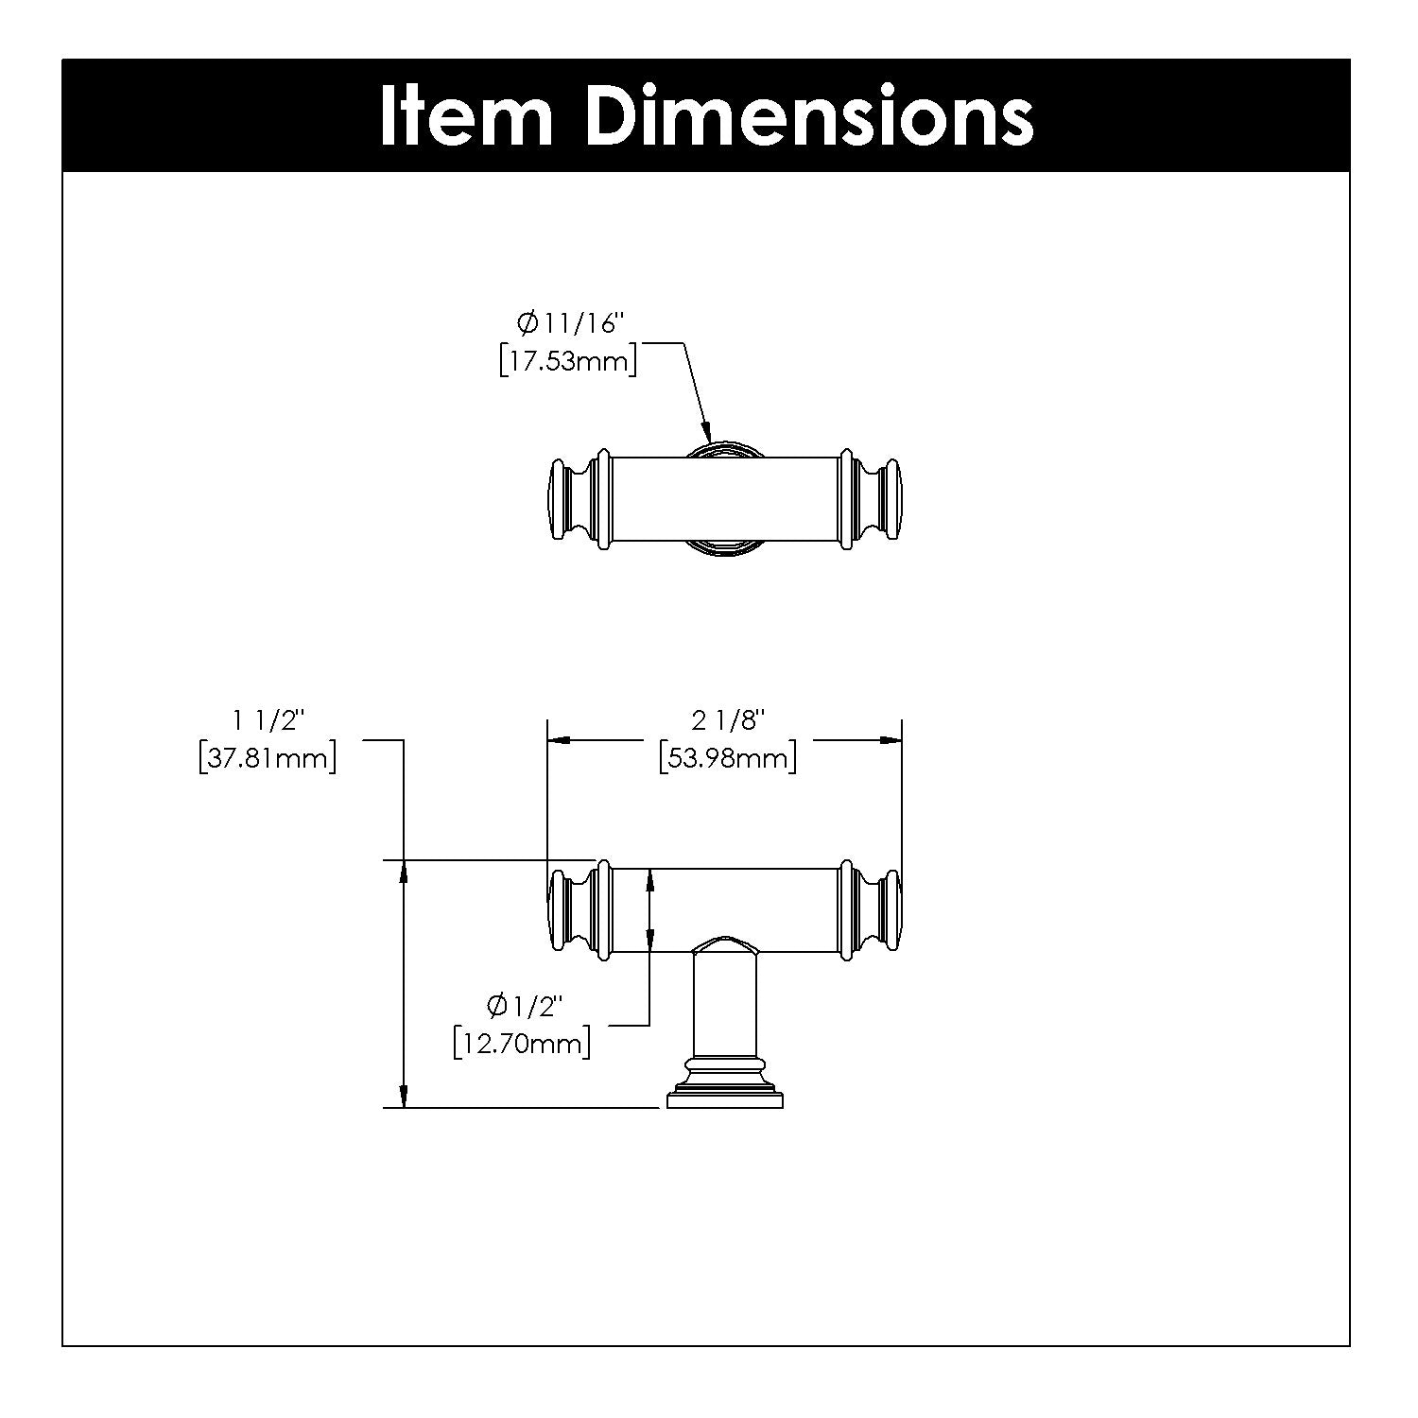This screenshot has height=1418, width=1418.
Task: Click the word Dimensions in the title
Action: [x=810, y=116]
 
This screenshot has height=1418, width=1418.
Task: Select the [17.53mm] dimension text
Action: [x=568, y=360]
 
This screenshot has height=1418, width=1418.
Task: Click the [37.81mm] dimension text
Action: [x=268, y=757]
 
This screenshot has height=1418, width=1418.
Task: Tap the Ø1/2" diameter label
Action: [x=522, y=1006]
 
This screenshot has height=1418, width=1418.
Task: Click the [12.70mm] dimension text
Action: [x=522, y=1043]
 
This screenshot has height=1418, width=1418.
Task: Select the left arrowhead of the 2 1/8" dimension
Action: [x=561, y=740]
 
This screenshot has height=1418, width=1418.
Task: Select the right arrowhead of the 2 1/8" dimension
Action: [x=888, y=740]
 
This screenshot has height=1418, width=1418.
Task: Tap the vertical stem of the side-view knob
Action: [x=725, y=1004]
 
